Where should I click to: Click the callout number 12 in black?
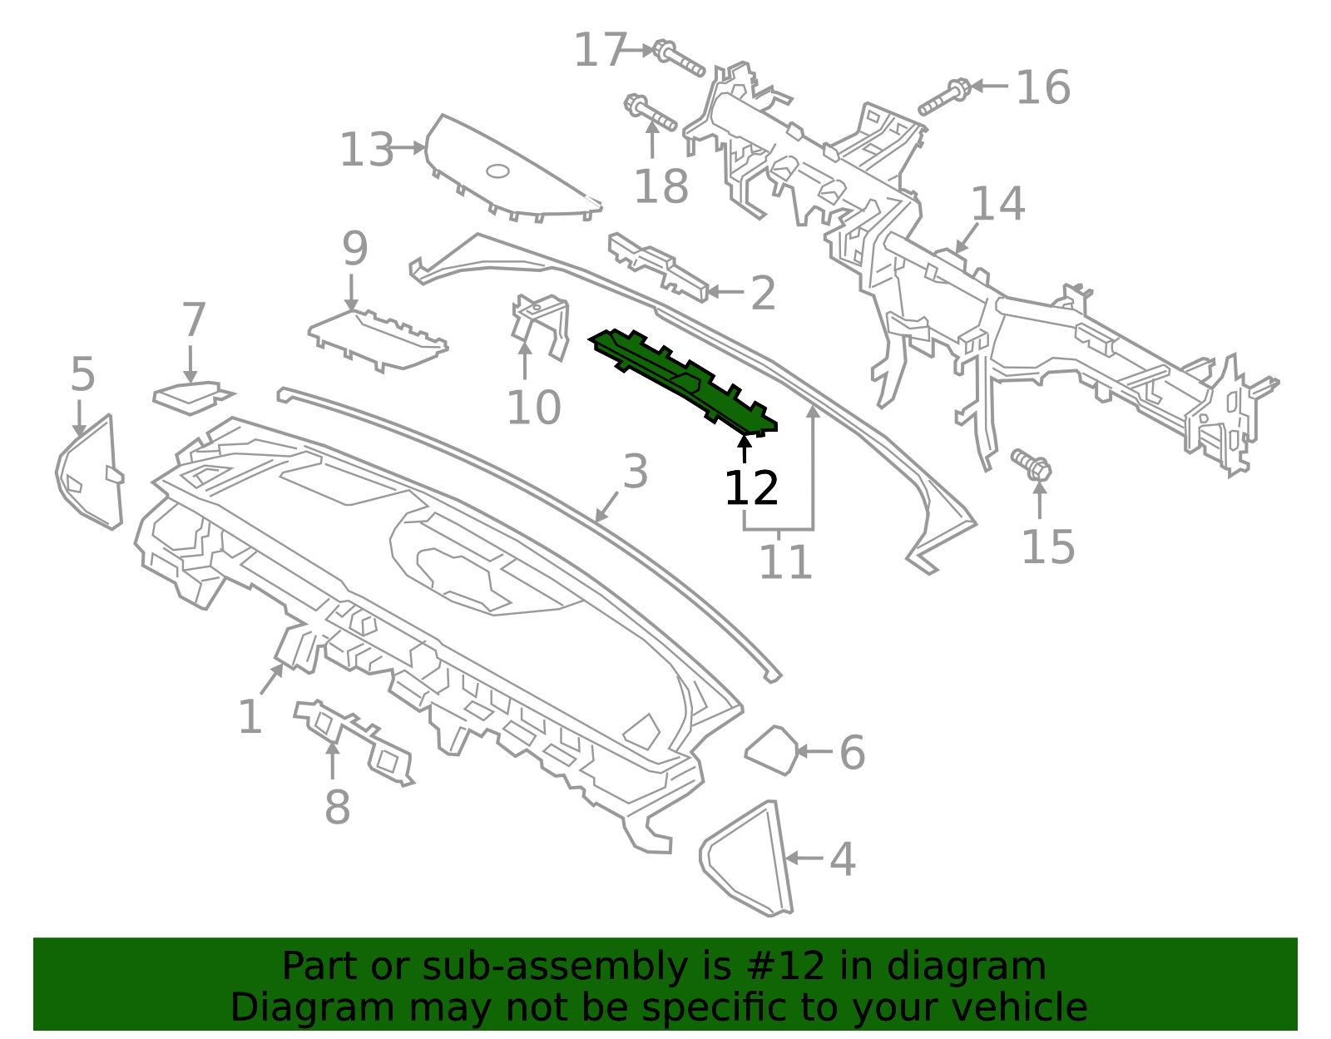tap(751, 488)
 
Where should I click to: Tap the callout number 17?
tap(601, 50)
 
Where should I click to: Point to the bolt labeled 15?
tap(1032, 465)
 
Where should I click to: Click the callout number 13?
tap(366, 150)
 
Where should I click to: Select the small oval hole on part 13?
tap(497, 171)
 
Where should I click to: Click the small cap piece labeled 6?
tap(772, 750)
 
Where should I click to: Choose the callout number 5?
tap(82, 374)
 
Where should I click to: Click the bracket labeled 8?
tap(355, 742)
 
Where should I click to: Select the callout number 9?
tap(354, 249)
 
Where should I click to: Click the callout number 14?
tap(997, 204)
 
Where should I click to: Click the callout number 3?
tap(636, 472)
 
